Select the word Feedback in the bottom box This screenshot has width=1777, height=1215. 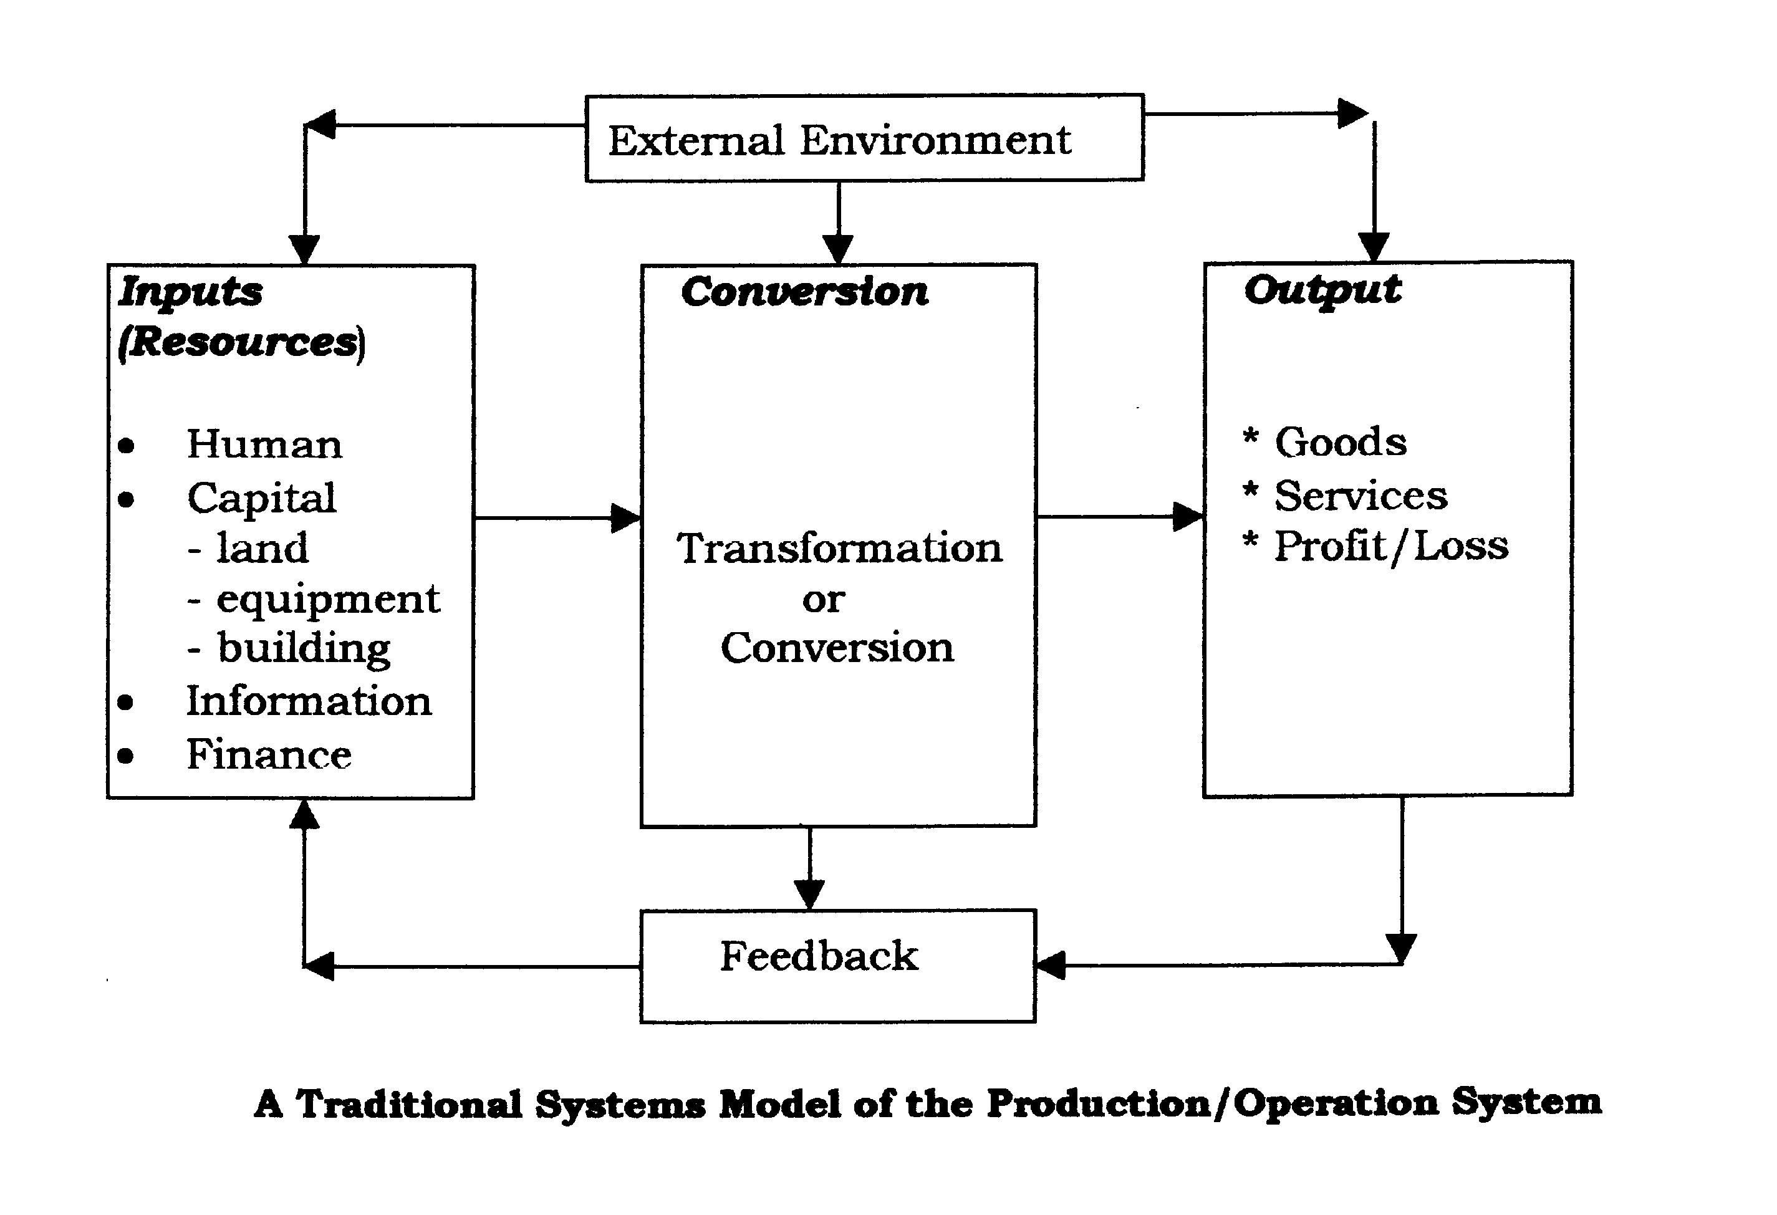point(819,956)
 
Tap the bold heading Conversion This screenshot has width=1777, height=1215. point(805,291)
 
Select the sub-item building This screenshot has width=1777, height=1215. point(304,649)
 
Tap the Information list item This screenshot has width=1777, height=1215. point(309,701)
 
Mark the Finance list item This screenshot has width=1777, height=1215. point(269,755)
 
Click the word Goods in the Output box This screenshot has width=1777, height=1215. point(1341,442)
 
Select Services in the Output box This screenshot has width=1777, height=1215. point(1360,496)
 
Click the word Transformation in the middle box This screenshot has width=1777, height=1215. point(839,548)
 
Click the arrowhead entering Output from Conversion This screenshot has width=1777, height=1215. point(1189,516)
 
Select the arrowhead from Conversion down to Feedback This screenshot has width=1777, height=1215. point(809,895)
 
